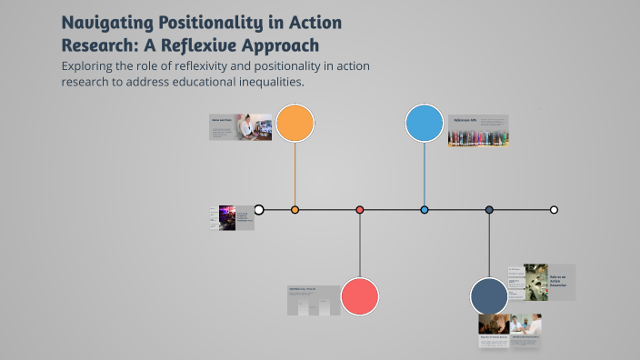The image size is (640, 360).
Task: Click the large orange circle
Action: tap(295, 123)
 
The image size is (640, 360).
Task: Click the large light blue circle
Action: tap(425, 123)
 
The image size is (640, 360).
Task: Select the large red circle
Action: tap(360, 296)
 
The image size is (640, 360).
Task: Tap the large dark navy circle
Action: tap(489, 296)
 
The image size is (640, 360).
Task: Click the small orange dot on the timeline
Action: tap(295, 210)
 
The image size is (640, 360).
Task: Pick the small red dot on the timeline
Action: tap(360, 210)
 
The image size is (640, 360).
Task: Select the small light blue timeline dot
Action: tap(425, 210)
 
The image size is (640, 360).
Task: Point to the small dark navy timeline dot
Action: tap(489, 210)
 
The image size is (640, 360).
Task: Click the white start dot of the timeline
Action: tap(259, 210)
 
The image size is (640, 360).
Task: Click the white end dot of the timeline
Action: tap(554, 210)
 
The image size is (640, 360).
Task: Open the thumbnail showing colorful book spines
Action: tap(478, 138)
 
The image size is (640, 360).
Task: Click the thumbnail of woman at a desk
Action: tap(254, 126)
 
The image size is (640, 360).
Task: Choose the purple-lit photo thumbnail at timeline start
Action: tap(227, 217)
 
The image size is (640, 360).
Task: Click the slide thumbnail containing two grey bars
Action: tap(314, 301)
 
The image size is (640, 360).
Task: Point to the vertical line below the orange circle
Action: tap(295, 173)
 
